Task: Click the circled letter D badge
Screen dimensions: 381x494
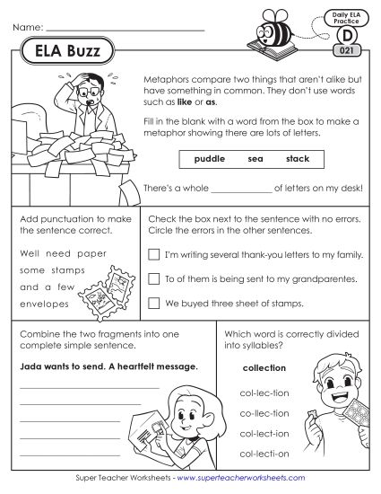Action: (x=344, y=37)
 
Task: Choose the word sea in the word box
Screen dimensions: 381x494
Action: (x=255, y=160)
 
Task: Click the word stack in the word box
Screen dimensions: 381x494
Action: (x=298, y=160)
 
